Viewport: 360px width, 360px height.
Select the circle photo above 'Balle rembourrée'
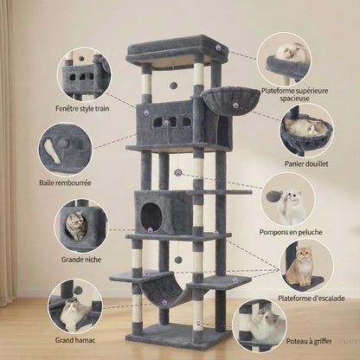point(65,148)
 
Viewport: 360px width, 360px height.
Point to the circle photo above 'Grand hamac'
point(74,305)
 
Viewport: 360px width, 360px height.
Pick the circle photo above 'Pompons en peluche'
point(288,197)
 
